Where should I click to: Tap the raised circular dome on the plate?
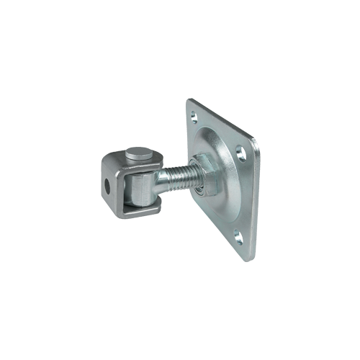tap(216, 173)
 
